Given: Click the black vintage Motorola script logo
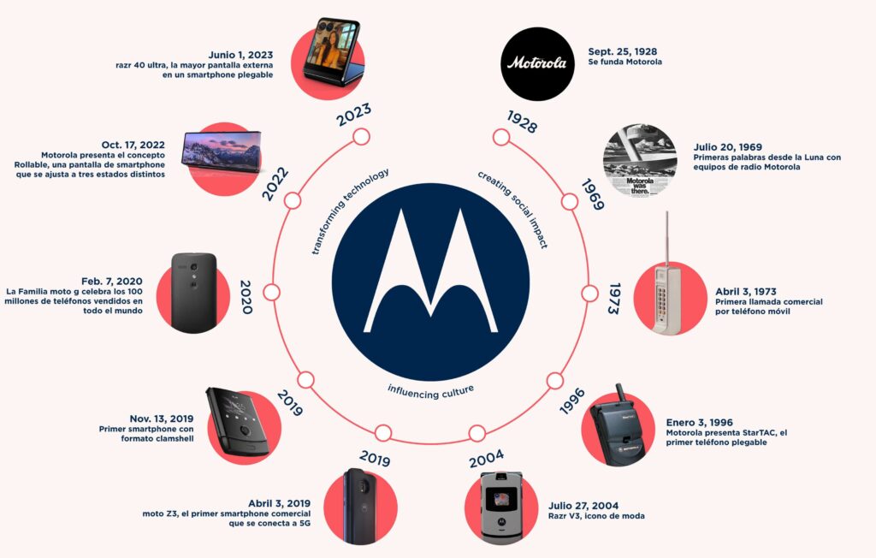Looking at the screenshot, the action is point(537,63).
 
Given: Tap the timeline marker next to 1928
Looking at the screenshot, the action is point(501,137).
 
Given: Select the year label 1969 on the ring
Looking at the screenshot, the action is point(592,194).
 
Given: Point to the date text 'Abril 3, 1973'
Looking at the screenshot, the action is point(745,291).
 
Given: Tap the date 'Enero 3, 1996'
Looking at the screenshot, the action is point(699,423).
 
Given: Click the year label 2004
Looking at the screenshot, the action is point(486,459).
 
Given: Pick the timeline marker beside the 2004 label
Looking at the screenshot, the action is point(476,433).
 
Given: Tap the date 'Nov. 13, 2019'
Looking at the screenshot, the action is point(162,418).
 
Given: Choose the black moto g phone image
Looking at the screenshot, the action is point(193,293).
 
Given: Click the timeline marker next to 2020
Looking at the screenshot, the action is point(271,293).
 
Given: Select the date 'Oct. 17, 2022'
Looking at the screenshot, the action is point(133,145).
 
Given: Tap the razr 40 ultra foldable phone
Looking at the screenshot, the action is point(332,51).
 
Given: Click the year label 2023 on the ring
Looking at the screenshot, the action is point(353,114).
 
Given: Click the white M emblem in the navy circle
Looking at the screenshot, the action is point(430,270).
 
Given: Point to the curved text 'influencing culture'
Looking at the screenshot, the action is point(431,391).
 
